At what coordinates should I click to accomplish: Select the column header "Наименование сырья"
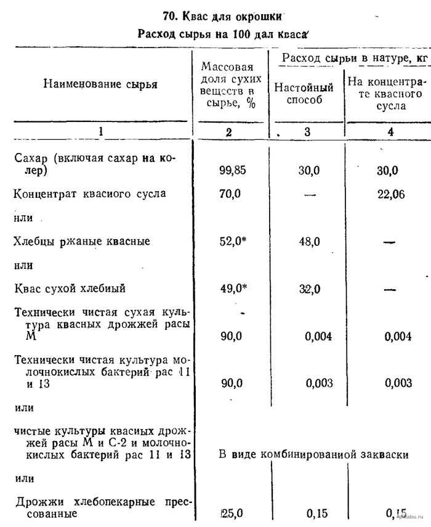click(x=100, y=84)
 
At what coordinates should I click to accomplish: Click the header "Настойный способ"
click(x=304, y=94)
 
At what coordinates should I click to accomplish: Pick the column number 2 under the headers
click(x=228, y=131)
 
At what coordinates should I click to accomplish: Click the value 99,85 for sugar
click(x=232, y=171)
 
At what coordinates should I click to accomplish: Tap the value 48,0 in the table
click(x=309, y=242)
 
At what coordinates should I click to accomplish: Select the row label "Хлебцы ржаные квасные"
click(x=82, y=242)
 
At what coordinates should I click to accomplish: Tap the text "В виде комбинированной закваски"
click(x=313, y=454)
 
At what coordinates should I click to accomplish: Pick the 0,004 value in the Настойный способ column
click(x=319, y=336)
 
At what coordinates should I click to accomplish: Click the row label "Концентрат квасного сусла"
click(x=90, y=194)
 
